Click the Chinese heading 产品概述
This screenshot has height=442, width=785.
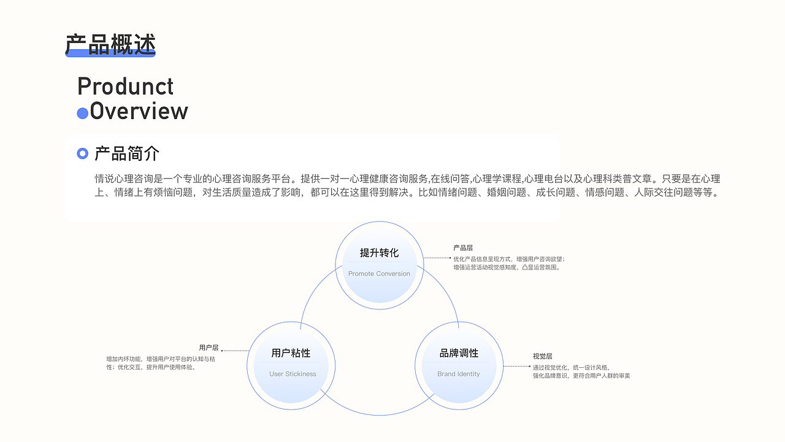tap(110, 44)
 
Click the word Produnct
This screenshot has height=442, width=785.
tap(126, 87)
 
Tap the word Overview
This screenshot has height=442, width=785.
tap(139, 112)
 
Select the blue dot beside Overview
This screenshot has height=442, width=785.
tap(82, 114)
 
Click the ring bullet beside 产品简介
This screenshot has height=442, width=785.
tap(83, 153)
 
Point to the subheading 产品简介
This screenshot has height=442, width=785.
tap(127, 153)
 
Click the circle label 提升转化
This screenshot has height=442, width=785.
tap(379, 253)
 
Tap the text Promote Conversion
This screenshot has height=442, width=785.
tap(379, 274)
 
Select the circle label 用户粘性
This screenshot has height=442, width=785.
tap(291, 353)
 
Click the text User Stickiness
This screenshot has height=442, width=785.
tap(293, 374)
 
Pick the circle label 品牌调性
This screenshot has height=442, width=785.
tap(459, 353)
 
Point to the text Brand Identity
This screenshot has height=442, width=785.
tap(459, 374)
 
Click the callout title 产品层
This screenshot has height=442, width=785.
tap(463, 248)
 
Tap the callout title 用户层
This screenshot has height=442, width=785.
tap(209, 348)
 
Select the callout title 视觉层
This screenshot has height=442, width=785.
tap(542, 356)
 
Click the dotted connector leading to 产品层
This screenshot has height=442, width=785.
tap(437, 258)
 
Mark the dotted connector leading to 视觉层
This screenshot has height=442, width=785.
tap(516, 366)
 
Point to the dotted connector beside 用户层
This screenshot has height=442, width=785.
tap(235, 351)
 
